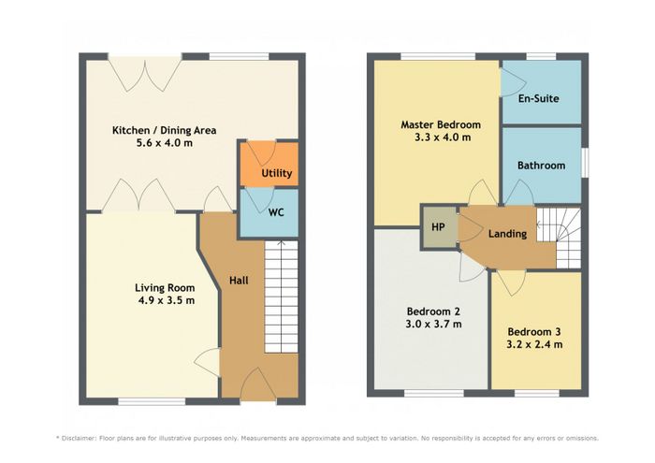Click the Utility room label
pos(277,173)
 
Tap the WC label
pos(276,212)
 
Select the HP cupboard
pos(438,227)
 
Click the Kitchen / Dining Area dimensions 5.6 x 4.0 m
pos(165,143)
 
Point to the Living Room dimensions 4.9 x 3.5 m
pos(167,300)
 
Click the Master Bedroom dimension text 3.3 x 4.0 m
pos(443,137)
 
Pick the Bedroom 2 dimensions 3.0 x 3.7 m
pos(433,324)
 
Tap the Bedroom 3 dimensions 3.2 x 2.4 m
pos(534,345)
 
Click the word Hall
pos(239,281)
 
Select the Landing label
pos(507,234)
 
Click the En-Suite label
pos(538,98)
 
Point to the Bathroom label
pos(542,166)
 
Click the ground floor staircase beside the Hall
pos(281,297)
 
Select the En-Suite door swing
pos(512,81)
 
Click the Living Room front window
pos(152,401)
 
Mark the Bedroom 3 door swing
pos(511,282)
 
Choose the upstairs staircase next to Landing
pos(559,238)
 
